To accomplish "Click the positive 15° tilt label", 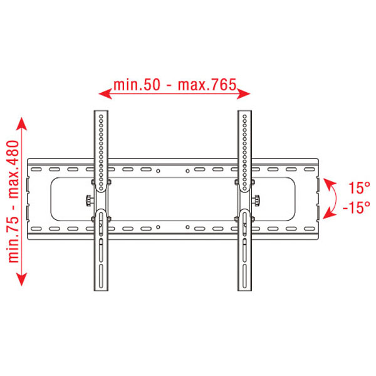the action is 359,188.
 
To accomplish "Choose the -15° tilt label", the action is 357,207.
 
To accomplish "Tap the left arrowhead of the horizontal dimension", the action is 105,94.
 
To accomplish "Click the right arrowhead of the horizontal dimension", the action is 244,94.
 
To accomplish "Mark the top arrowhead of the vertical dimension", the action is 21,124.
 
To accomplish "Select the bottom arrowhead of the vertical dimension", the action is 21,279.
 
